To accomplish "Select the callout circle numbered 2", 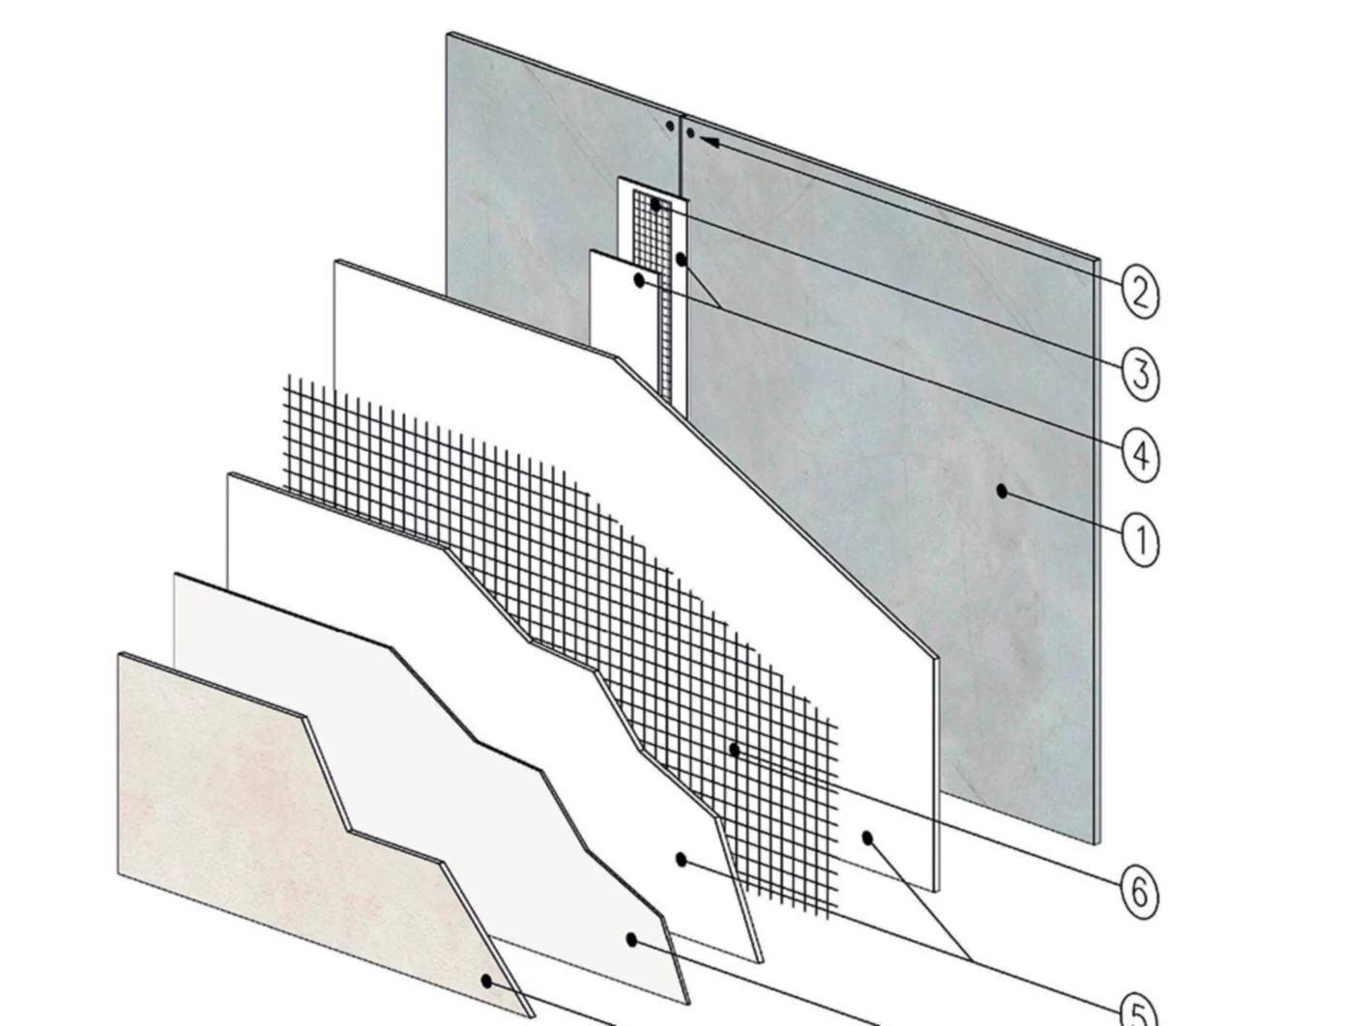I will [1140, 291].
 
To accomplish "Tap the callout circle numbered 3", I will [1140, 372].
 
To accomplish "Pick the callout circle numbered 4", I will [1140, 453].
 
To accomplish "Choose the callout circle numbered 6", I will [1140, 891].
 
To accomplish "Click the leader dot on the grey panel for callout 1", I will [1003, 492].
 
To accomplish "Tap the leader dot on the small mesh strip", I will [655, 205].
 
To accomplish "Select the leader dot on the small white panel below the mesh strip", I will [639, 280].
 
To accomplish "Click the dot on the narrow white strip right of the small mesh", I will [682, 260].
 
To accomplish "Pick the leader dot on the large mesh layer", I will [735, 749].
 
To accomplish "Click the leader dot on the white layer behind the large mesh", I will [867, 838].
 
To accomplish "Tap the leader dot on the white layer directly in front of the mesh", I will [682, 859].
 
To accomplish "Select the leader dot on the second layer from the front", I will [631, 939].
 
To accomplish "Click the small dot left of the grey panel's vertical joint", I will [669, 126].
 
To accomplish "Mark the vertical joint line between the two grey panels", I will [682, 155].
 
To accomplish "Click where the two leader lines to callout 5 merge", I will [972, 959].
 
